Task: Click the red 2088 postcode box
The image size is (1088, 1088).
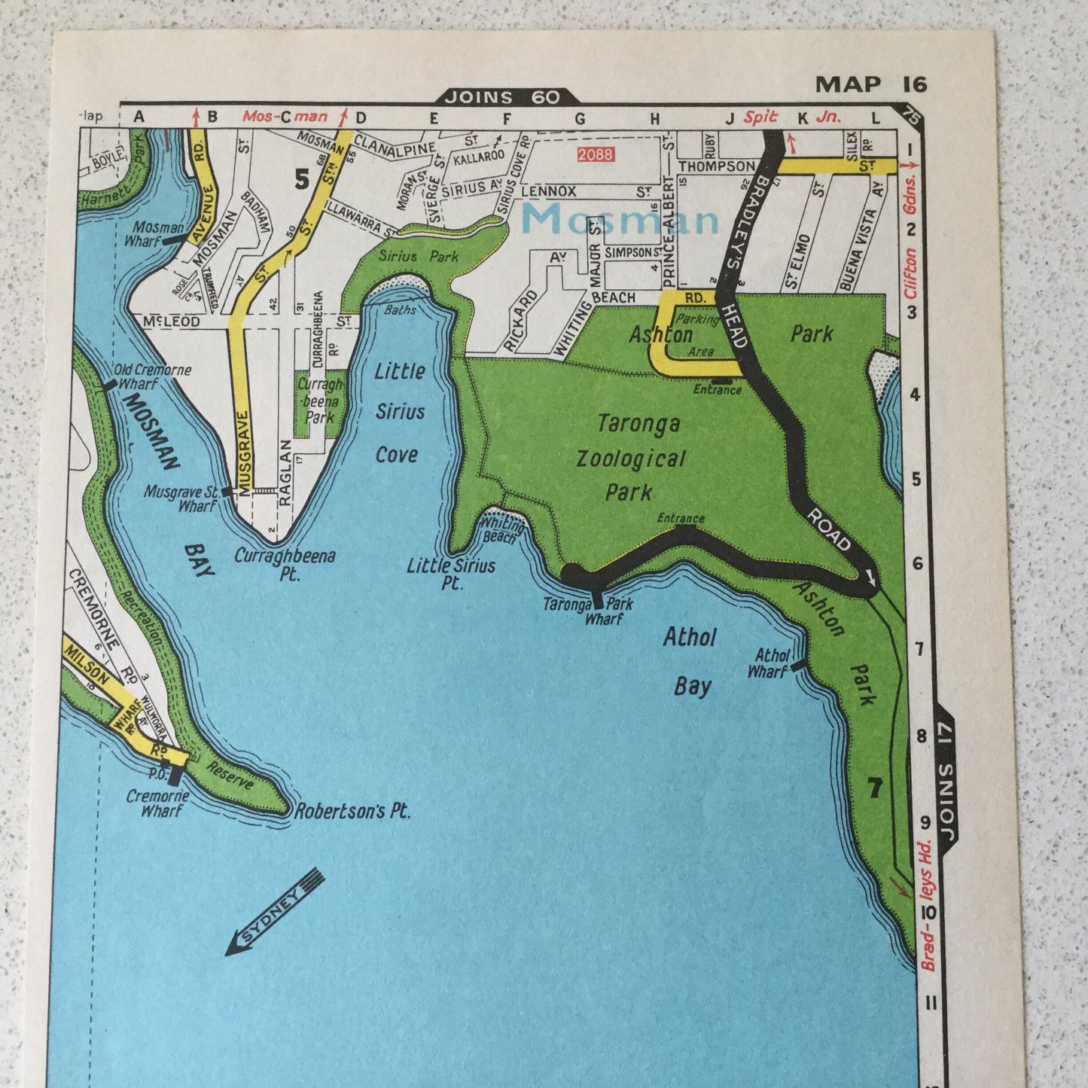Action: (x=595, y=154)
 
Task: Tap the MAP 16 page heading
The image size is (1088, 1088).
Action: (x=871, y=84)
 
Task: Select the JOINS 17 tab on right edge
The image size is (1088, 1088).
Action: (x=945, y=778)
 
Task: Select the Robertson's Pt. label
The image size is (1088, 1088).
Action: (x=352, y=812)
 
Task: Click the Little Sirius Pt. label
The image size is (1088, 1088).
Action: (x=451, y=573)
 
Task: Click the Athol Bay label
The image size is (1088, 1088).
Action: (x=690, y=661)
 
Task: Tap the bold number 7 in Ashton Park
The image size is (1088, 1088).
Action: (x=873, y=788)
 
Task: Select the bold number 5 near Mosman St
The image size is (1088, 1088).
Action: (x=302, y=179)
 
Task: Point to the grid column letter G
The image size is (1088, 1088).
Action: (x=579, y=118)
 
